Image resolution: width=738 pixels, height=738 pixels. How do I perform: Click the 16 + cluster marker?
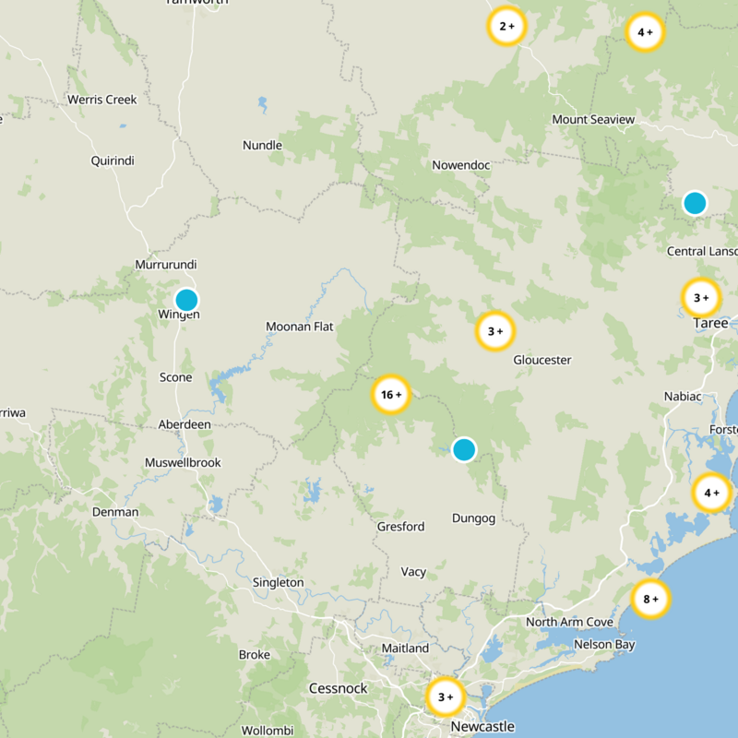coord(390,395)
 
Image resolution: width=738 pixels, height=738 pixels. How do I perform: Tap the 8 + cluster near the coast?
coord(650,600)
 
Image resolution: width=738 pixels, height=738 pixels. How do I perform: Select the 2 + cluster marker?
coord(506,27)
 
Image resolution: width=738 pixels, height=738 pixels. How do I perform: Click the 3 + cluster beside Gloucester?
coord(495,331)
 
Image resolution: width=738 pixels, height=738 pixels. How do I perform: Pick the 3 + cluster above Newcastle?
coord(446,696)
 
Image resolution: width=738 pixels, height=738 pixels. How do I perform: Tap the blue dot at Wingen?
coord(186,300)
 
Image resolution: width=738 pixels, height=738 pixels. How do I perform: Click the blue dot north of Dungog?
coord(464,450)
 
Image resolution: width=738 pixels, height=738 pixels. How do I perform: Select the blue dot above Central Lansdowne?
coord(695,203)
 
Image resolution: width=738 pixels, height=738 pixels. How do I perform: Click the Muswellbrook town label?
coord(183,462)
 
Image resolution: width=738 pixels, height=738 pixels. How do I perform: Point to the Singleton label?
coord(278,582)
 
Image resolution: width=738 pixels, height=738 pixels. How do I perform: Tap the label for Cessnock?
coord(338,688)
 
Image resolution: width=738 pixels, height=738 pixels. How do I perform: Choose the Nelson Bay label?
coord(604,644)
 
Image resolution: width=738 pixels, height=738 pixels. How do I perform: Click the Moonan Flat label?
coord(299,327)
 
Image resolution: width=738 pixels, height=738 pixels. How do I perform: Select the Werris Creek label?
coord(101,100)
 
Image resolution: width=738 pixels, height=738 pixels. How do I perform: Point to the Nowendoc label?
coord(460,165)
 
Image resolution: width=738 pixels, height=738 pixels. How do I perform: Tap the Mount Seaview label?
coord(593,120)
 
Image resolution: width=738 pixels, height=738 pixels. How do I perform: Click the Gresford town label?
coord(400,527)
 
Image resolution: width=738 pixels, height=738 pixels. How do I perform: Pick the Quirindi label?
coord(113,161)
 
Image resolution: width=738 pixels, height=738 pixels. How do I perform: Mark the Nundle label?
coord(262,145)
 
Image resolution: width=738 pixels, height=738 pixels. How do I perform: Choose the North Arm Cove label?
coord(569,623)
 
